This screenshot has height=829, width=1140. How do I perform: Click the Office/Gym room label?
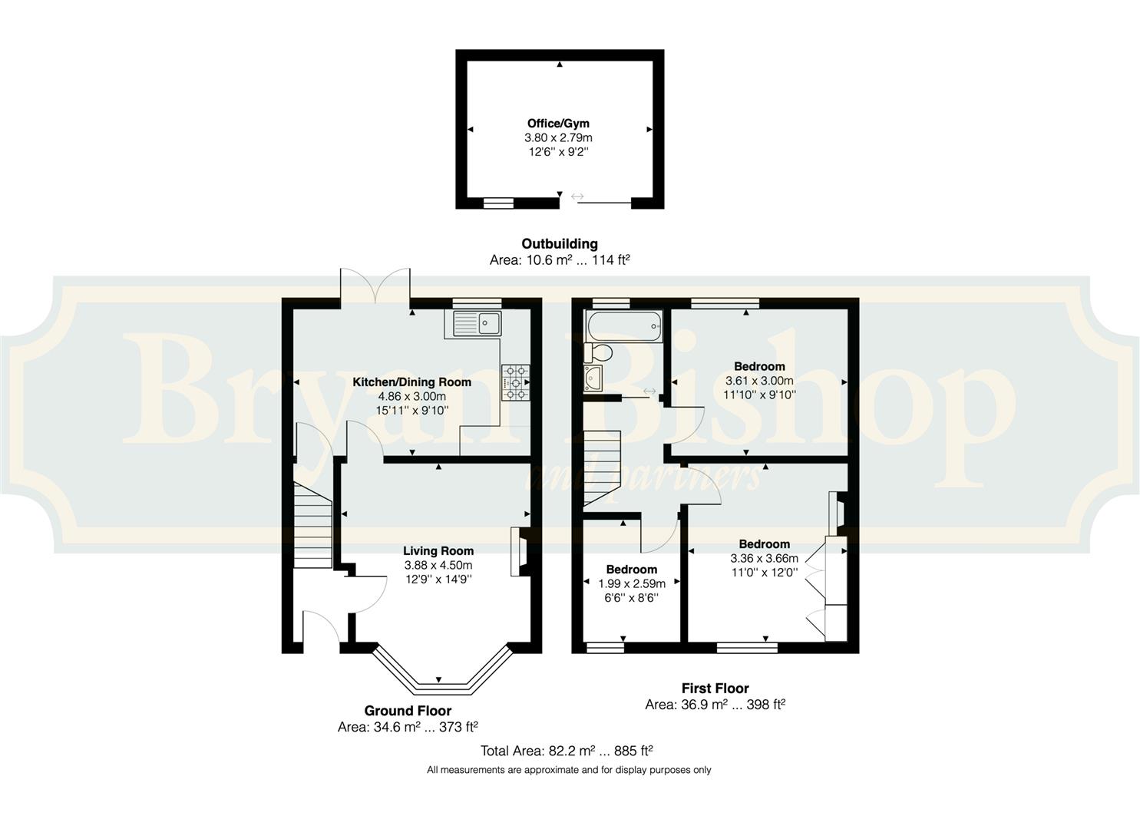558,123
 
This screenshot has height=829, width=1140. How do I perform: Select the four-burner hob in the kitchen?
516,382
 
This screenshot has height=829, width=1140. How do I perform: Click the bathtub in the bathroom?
624,325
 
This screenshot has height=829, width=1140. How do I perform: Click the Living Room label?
438,550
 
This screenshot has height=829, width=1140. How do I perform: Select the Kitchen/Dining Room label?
412,381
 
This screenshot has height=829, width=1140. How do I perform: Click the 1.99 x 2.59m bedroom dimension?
632,583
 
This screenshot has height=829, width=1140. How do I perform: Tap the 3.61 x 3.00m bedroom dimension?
759,380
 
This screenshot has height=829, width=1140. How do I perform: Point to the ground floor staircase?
313,524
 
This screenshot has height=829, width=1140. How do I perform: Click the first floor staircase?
602,468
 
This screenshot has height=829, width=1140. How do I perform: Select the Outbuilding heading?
560,243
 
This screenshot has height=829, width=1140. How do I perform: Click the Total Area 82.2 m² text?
567,751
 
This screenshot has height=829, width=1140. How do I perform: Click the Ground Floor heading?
408,711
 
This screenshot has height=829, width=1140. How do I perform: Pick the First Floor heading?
715,689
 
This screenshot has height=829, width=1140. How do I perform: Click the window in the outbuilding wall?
499,203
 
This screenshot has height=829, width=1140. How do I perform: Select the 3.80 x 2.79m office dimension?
558,137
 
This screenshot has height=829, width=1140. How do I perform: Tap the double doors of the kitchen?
375,288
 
